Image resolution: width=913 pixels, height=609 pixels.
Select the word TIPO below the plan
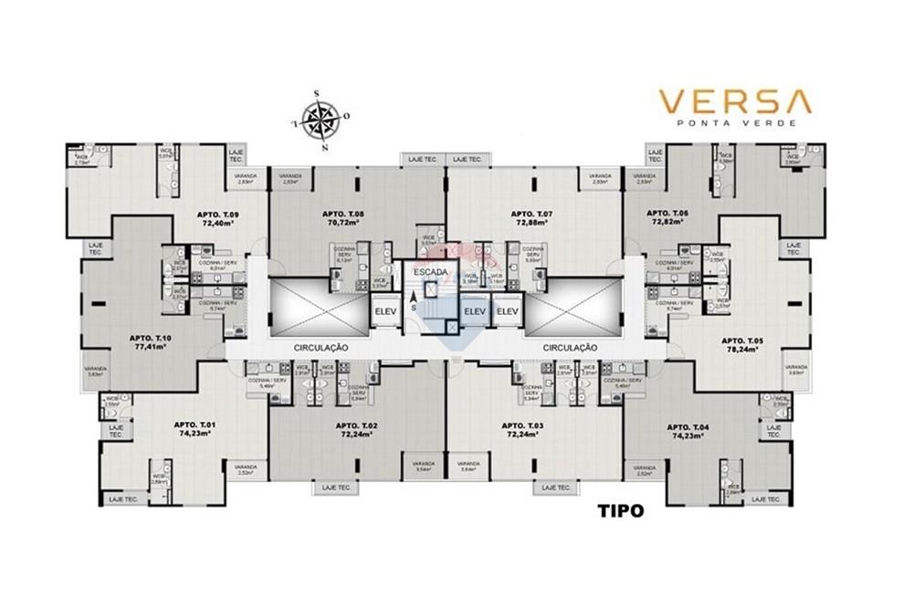click(x=620, y=511)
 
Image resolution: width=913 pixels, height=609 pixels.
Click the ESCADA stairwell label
click(x=430, y=272)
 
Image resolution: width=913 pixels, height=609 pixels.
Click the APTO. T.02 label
click(x=356, y=425)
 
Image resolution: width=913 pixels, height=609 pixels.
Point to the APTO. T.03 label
click(x=522, y=425)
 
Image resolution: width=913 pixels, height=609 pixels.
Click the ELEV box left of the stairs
click(x=384, y=312)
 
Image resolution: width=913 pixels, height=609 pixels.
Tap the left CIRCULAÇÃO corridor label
click(x=322, y=348)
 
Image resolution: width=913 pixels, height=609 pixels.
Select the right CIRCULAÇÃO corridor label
click(x=570, y=348)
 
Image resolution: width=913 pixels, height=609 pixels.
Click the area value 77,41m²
click(x=153, y=347)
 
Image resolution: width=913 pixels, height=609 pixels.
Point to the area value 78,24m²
click(x=741, y=349)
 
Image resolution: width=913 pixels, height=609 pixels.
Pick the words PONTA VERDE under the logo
click(x=736, y=122)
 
